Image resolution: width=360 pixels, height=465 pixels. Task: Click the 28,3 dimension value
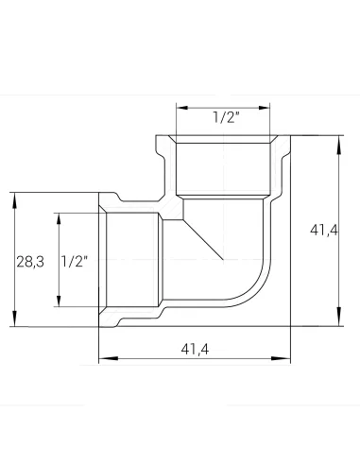click(30, 262)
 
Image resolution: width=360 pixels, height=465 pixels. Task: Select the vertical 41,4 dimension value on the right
click(324, 230)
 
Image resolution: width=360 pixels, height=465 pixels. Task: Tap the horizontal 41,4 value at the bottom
click(195, 349)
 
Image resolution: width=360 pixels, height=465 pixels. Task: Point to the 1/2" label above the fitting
click(227, 117)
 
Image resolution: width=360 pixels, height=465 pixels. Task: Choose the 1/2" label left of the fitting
click(75, 262)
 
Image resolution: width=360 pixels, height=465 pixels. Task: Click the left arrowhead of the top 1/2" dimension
click(182, 108)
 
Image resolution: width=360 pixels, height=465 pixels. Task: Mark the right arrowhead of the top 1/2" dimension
click(265, 108)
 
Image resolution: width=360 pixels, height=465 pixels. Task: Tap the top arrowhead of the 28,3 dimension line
click(14, 199)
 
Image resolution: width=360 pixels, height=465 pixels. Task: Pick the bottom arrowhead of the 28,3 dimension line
click(14, 319)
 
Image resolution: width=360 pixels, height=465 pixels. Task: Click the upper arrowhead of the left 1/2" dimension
click(59, 218)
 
